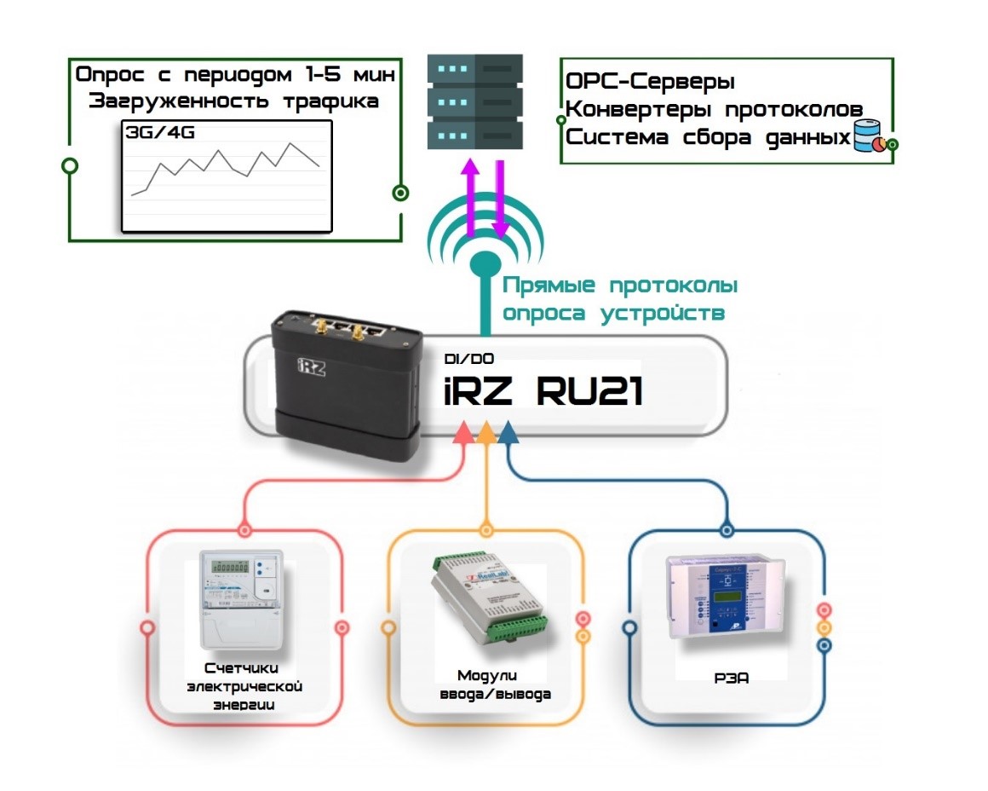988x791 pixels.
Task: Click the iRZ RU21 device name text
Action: pos(543,393)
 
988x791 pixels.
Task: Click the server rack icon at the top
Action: pos(474,101)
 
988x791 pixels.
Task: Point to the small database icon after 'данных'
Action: pos(868,137)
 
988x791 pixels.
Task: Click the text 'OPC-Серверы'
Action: pos(650,83)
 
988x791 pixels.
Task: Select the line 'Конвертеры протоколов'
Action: pos(715,110)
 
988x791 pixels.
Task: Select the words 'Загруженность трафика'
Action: pos(233,101)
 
